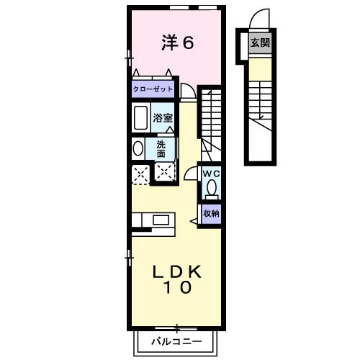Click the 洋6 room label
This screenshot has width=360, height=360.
pos(177,42)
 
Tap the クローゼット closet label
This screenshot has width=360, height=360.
pos(153,90)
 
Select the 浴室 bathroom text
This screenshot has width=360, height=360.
pos(163,117)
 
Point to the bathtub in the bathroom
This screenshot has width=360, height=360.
pos(140,117)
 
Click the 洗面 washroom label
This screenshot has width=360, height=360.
pos(162,148)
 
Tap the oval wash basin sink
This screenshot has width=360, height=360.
pos(138,148)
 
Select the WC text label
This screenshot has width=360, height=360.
pos(211,174)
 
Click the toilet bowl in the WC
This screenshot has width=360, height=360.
pos(211,189)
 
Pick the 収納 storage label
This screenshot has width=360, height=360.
pos(210,213)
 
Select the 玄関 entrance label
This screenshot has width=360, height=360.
pos(260,43)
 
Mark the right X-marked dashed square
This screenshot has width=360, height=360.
pos(165,173)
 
